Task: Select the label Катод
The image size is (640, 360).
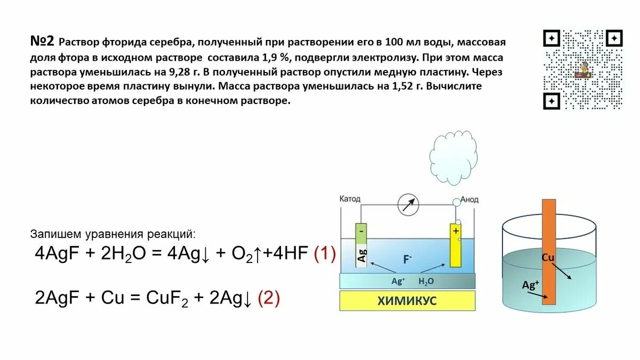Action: coord(350,199)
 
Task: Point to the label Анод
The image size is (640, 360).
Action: coord(469,199)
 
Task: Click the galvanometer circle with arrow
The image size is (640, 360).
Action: coord(409,204)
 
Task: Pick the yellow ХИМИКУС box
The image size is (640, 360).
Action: coord(407,301)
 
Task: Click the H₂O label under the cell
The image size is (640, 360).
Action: coord(426,281)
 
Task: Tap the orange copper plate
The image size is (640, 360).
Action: coord(549,251)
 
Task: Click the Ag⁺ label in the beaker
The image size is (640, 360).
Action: coord(531,285)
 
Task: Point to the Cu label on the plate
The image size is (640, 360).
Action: coord(548,258)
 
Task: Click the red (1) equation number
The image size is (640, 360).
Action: coord(324,253)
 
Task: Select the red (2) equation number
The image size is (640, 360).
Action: coord(268,299)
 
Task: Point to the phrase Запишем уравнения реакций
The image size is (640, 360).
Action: coord(113,234)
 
